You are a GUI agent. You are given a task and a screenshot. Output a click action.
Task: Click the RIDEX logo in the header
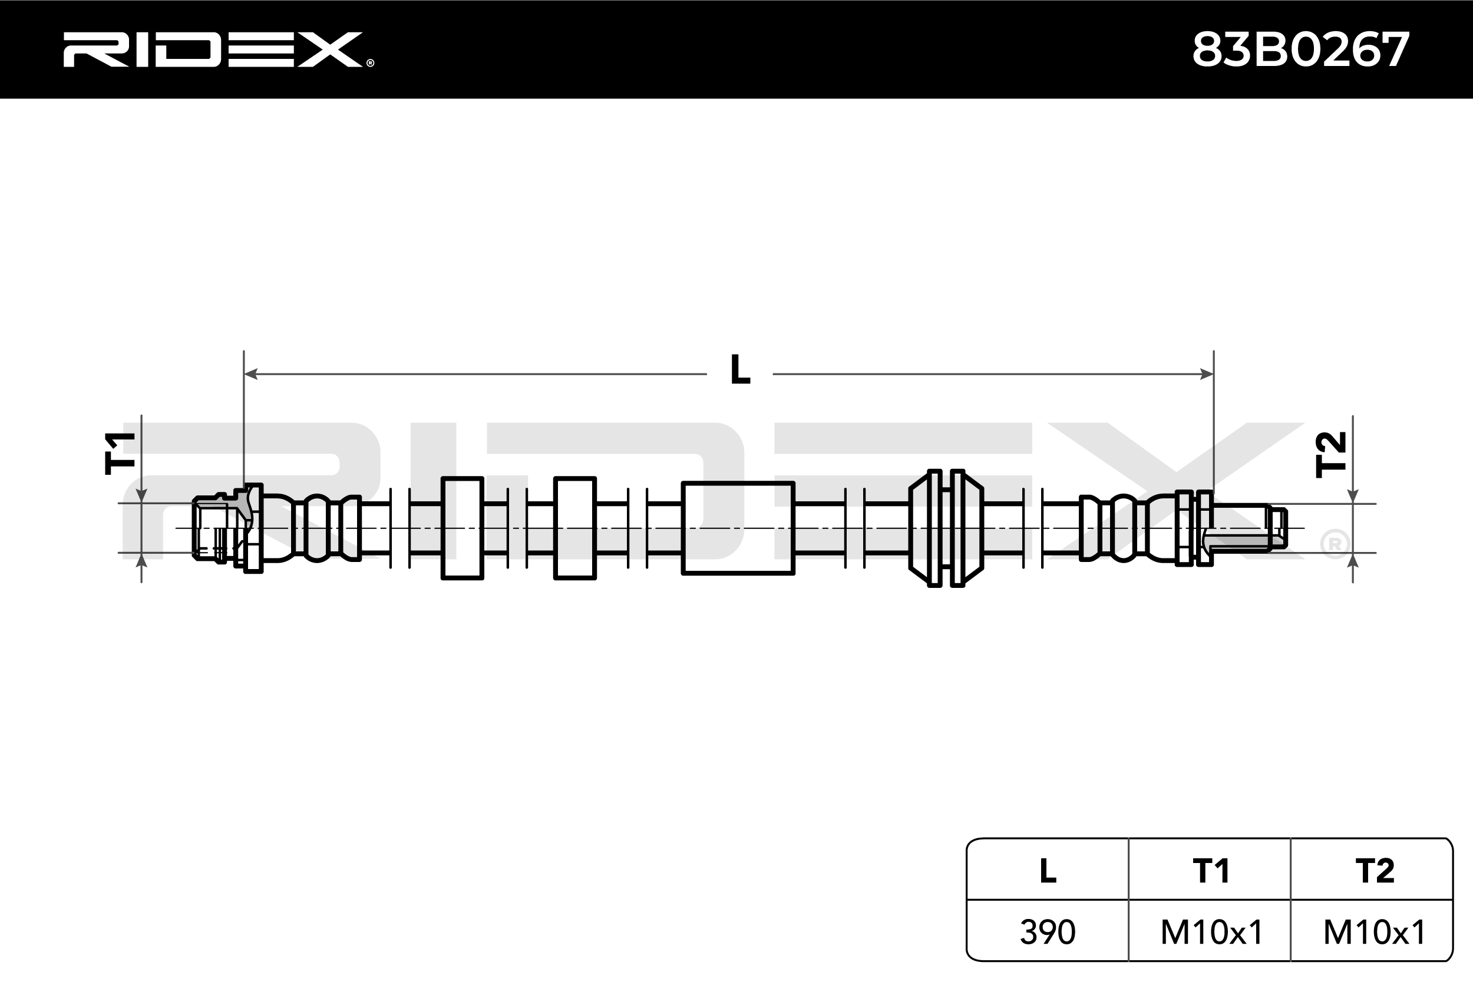213,49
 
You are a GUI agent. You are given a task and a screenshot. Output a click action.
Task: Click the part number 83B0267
1300,50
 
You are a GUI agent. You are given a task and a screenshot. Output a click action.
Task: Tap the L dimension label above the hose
739,370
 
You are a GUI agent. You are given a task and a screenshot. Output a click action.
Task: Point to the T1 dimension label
121,453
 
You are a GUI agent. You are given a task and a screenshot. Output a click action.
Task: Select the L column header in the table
1047,871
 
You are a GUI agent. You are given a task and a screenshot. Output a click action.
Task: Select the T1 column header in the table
1211,871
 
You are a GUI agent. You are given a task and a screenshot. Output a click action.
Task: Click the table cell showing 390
1047,932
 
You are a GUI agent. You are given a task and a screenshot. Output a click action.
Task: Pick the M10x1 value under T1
1211,932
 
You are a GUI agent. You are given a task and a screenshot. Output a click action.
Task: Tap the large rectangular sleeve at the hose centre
738,528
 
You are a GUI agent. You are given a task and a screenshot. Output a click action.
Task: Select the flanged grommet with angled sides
946,528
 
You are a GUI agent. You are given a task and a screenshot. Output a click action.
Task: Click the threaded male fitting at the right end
1243,528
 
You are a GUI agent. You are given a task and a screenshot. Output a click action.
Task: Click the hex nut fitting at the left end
216,528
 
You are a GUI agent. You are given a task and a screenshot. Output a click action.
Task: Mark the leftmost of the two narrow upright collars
462,528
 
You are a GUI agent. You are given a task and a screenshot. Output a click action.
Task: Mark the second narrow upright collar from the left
574,528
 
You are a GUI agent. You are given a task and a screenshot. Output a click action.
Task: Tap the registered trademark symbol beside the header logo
370,62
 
